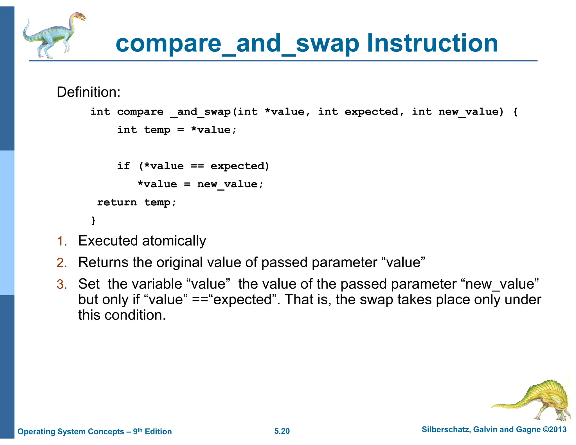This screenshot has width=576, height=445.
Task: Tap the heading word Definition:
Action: coord(88,92)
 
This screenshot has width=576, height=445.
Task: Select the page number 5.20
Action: coord(282,431)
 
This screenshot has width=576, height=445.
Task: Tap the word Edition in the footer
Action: coord(158,431)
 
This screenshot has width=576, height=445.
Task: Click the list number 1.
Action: coord(62,241)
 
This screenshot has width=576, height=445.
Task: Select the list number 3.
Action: coord(62,284)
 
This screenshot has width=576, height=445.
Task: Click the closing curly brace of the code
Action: coord(93,220)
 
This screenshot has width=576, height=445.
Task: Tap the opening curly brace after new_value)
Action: coord(515,112)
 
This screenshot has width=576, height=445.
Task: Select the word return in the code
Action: coord(117,202)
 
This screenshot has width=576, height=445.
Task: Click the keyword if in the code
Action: coord(123,166)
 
